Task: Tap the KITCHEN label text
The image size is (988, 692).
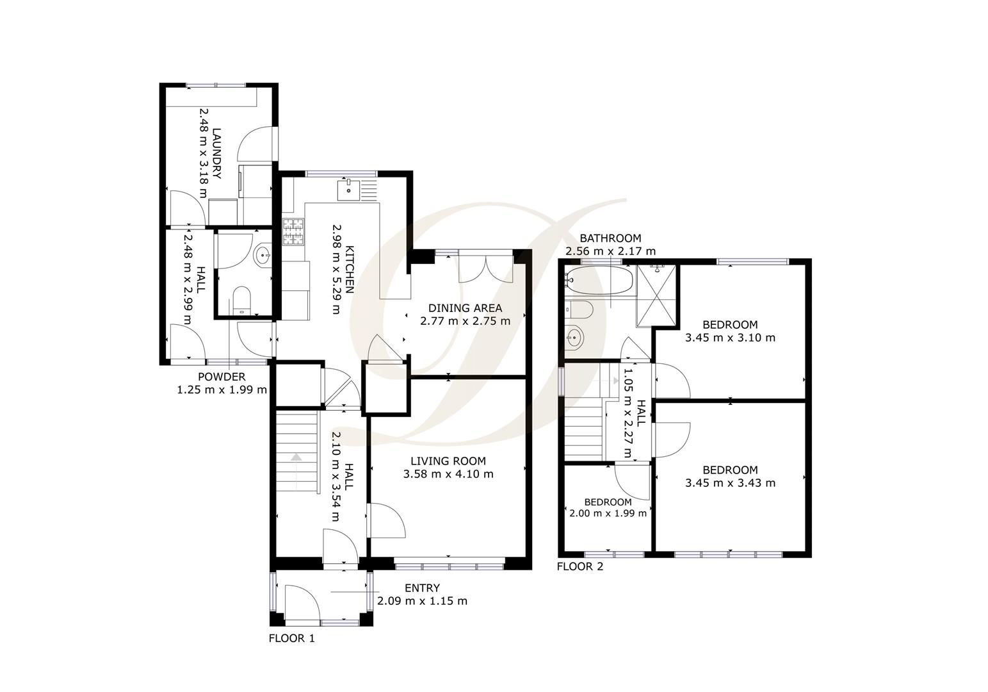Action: tap(350, 268)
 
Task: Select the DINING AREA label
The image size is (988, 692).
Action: tap(465, 308)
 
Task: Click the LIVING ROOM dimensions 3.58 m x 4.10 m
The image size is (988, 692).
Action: tap(448, 474)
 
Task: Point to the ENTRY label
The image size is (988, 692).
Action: tap(422, 588)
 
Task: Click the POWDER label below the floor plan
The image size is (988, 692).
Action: tap(222, 377)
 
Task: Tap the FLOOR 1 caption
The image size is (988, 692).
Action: tap(291, 638)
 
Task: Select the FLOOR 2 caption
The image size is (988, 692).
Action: tap(579, 566)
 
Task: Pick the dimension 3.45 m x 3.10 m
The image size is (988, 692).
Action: tap(730, 338)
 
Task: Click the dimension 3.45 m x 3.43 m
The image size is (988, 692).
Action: tap(730, 482)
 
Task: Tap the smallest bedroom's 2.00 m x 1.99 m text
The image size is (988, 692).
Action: tap(608, 513)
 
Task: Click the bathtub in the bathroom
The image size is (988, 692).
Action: tap(599, 281)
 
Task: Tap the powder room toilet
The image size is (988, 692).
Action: tap(241, 301)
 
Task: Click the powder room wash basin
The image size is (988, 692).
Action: tap(263, 255)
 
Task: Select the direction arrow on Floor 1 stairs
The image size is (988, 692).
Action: tap(296, 457)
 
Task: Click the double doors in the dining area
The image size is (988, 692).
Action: tap(486, 267)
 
